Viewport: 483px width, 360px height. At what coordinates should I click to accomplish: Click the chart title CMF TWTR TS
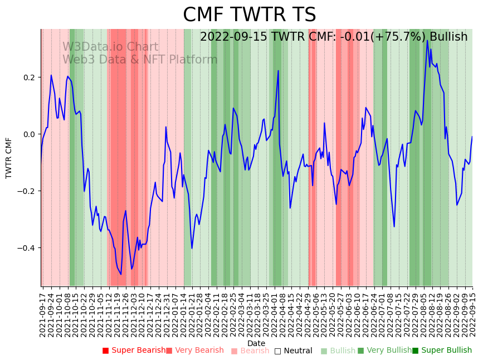point(249,15)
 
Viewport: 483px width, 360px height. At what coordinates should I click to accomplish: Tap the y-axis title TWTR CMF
point(9,158)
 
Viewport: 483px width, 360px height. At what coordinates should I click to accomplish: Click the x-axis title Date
point(256,343)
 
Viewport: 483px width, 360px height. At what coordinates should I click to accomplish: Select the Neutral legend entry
point(297,351)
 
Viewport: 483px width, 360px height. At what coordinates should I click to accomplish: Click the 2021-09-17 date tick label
point(43,313)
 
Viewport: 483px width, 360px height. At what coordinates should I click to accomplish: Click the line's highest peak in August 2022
point(427,40)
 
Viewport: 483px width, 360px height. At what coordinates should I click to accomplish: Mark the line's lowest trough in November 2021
point(121,274)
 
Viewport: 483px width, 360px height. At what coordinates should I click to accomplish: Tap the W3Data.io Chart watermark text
point(110,47)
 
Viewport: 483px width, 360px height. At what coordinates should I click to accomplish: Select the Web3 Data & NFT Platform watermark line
point(140,60)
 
